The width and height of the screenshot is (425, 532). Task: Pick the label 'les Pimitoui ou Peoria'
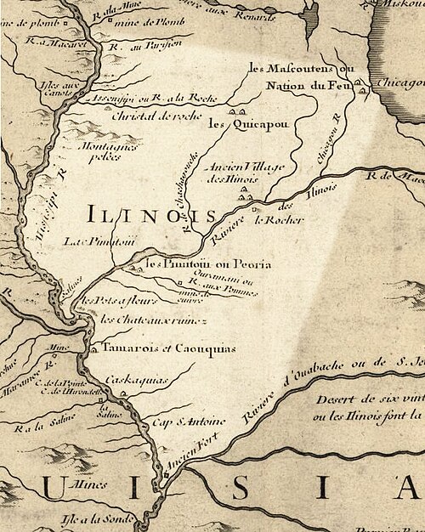tap(208, 265)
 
